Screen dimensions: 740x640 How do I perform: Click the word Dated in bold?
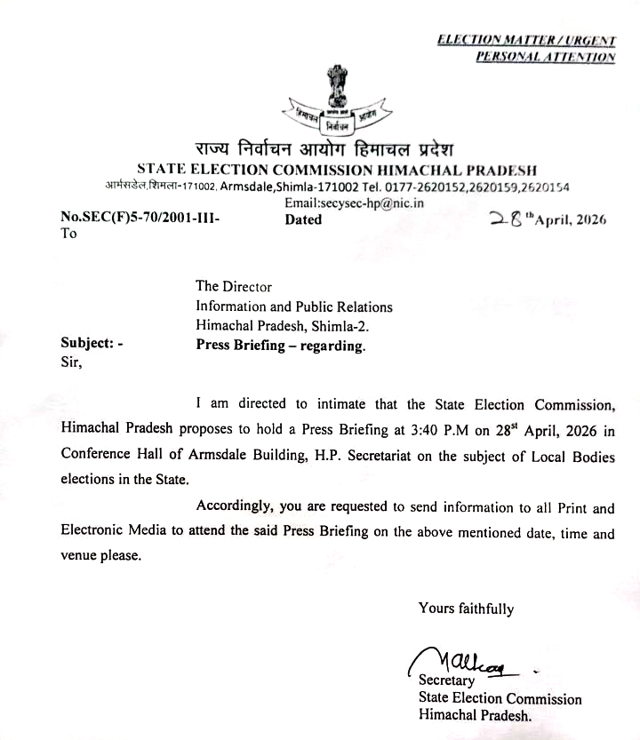303,219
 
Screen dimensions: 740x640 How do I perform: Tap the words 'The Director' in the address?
234,286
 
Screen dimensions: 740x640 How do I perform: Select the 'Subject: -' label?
92,345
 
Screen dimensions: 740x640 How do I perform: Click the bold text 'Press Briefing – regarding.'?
280,346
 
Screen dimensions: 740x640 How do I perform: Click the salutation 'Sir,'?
71,362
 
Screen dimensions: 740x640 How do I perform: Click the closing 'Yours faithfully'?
466,609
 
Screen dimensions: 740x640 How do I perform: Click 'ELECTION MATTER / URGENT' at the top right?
526,40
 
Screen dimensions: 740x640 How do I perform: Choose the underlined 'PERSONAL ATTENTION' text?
545,57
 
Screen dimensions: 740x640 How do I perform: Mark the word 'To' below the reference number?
68,235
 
